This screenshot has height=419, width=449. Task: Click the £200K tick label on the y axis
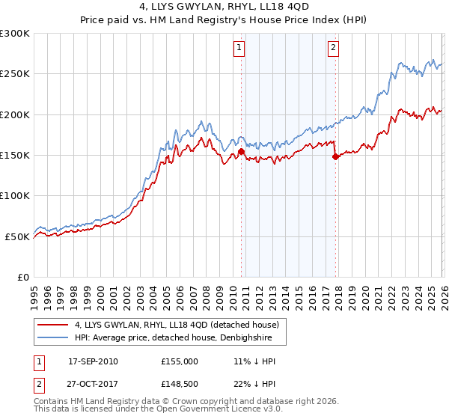pyautogui.click(x=15, y=114)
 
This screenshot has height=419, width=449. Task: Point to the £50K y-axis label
pyautogui.click(x=17, y=236)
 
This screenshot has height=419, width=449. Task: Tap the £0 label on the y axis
pyautogui.click(x=24, y=277)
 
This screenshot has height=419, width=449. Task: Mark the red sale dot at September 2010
pyautogui.click(x=241, y=152)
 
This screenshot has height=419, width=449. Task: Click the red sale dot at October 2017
pyautogui.click(x=335, y=157)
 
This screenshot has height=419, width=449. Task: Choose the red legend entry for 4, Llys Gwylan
pyautogui.click(x=177, y=325)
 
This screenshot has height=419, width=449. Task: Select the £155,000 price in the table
pyautogui.click(x=179, y=361)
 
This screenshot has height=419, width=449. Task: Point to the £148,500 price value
pyautogui.click(x=179, y=385)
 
